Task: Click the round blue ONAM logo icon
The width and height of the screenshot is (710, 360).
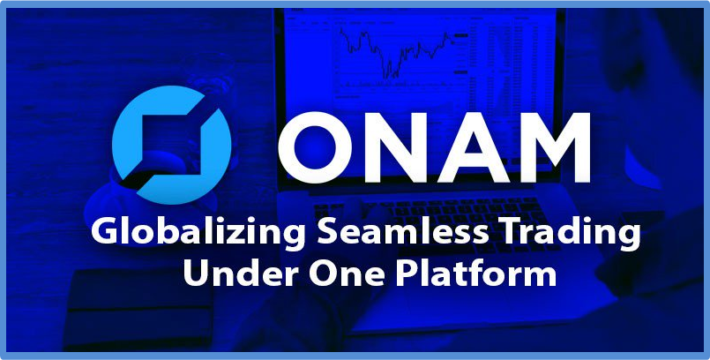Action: coord(172,145)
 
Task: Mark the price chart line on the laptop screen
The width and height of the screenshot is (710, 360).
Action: coord(395,54)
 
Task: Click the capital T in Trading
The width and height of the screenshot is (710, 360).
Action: coord(511,233)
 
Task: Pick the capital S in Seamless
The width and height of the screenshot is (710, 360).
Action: coord(328,232)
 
